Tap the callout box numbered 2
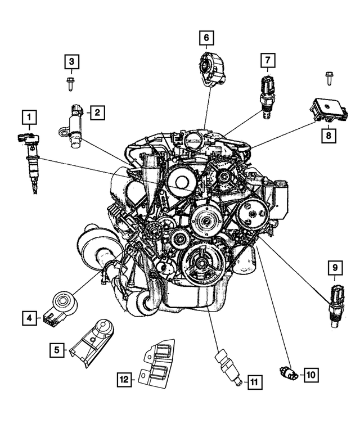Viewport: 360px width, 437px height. (x=97, y=112)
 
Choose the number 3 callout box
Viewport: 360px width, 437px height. (x=71, y=61)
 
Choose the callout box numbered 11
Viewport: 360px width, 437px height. (x=254, y=382)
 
